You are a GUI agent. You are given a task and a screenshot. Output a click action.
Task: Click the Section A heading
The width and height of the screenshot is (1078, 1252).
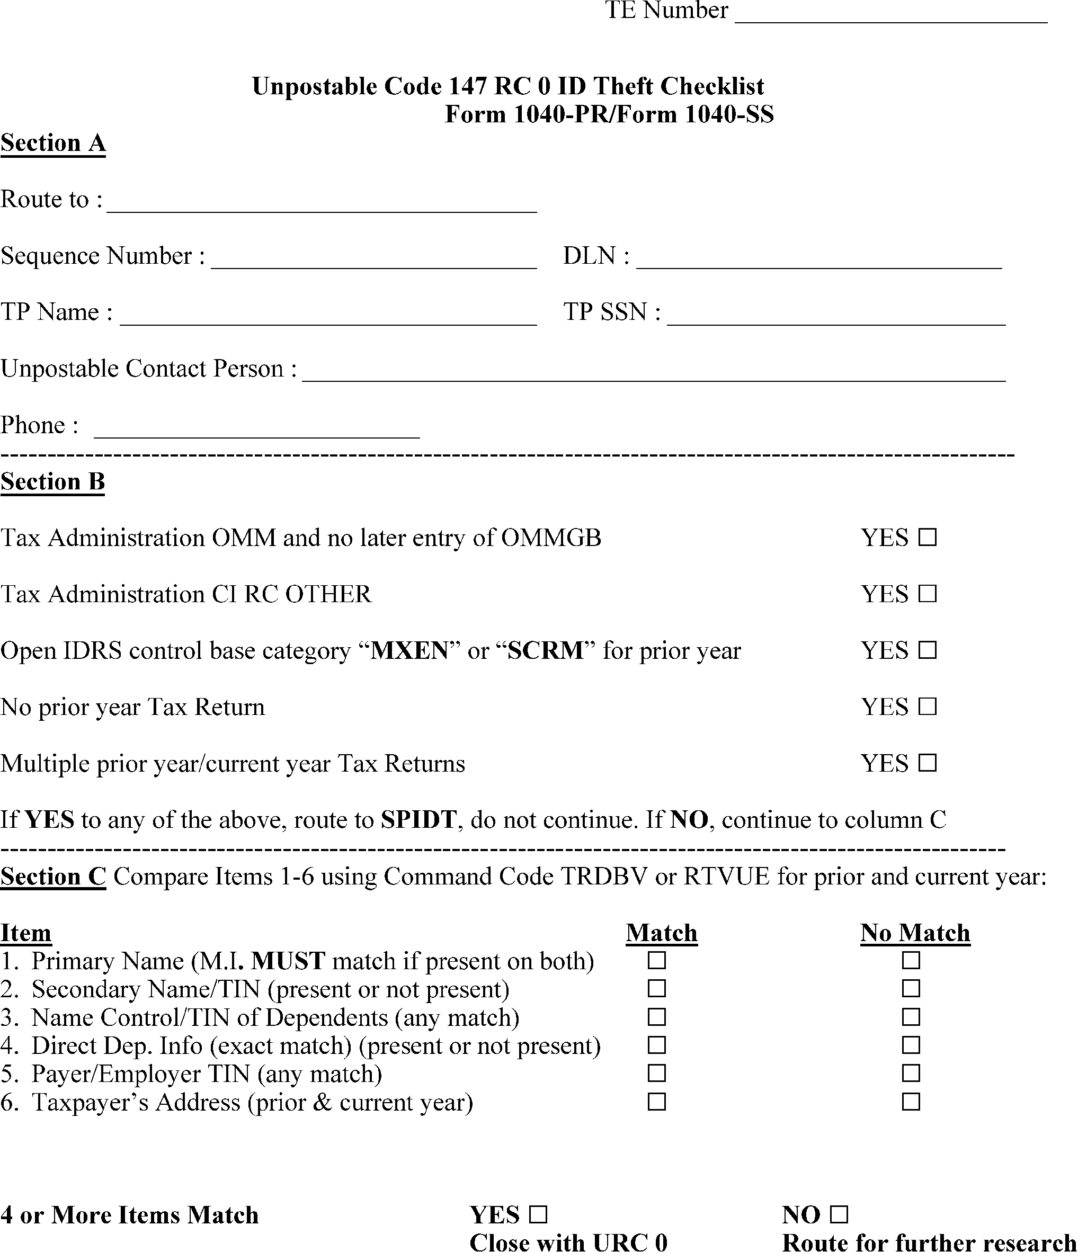[53, 143]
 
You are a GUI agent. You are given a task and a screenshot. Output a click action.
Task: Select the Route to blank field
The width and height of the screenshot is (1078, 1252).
[322, 205]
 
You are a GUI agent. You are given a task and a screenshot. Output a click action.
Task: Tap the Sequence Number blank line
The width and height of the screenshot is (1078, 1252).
[373, 262]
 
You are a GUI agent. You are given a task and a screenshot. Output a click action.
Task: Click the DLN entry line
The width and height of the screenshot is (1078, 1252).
[819, 262]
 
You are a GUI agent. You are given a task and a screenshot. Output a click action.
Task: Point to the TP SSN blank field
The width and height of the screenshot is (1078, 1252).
[836, 318]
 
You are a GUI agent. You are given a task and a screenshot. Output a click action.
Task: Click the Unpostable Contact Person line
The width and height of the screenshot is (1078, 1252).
[653, 374]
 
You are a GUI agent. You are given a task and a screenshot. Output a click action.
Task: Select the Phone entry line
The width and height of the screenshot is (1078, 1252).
[257, 431]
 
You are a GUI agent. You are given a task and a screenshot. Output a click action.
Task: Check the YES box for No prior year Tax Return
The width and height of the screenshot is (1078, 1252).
[927, 707]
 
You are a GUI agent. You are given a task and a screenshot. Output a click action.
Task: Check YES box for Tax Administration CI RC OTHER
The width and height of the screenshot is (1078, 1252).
[927, 593]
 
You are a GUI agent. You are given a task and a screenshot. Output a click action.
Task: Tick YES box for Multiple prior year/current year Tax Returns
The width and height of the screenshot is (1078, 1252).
[927, 763]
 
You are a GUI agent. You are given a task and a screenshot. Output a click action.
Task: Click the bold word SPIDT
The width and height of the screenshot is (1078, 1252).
[418, 820]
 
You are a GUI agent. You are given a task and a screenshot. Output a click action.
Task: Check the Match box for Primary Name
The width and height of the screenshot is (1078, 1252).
[656, 960]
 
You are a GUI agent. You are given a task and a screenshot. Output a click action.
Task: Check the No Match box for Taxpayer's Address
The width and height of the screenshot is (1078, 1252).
[911, 1102]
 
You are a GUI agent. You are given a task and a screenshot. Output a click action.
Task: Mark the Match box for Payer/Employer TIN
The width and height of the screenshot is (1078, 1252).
[656, 1073]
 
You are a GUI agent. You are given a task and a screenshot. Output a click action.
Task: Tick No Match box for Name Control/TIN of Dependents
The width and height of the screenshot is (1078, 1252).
[911, 1017]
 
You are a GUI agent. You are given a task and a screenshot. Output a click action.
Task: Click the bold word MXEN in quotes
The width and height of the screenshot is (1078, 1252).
[409, 651]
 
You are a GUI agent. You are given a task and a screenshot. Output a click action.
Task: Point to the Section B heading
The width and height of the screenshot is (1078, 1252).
[52, 481]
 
